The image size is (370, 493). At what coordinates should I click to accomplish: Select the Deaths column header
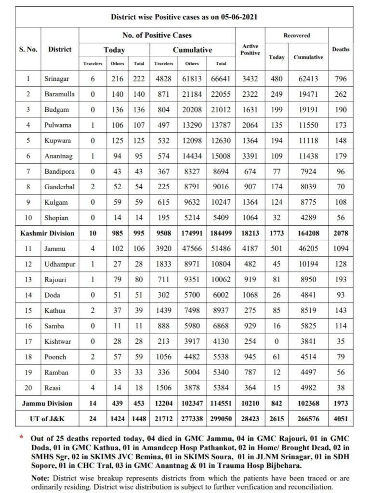pos(341,49)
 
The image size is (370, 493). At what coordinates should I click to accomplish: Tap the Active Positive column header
pos(251,49)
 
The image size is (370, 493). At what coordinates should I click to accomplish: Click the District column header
pos(60,49)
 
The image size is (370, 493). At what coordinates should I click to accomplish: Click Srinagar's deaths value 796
pos(341,78)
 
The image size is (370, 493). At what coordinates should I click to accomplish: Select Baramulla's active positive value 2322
pos(251,94)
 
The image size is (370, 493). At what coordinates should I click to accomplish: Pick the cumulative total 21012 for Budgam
pos(221,109)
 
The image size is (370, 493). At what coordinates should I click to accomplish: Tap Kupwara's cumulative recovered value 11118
pos(308,140)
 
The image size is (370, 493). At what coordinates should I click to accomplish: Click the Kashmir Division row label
pos(47,233)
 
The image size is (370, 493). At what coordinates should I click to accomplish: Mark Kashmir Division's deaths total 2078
pos(341,233)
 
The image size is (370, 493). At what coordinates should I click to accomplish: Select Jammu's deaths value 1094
pos(341,248)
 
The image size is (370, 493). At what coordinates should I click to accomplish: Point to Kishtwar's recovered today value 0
pos(277,341)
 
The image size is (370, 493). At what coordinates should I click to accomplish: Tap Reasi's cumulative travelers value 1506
pos(164,388)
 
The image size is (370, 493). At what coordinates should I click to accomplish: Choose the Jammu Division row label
pos(47,403)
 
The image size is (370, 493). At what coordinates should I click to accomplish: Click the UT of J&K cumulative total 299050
pos(221,419)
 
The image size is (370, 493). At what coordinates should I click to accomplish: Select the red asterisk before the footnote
pos(21,438)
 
